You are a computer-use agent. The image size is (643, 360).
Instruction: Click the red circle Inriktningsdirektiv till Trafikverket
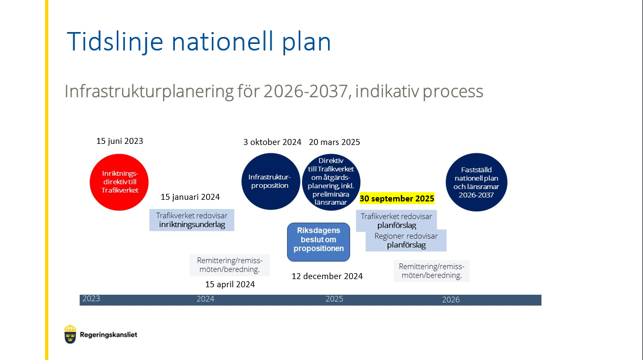point(119,182)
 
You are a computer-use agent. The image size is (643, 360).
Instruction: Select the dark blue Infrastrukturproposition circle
point(270,181)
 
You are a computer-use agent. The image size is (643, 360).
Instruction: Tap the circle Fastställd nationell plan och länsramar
point(476,182)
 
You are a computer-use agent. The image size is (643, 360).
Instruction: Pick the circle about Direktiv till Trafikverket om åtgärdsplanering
point(331,182)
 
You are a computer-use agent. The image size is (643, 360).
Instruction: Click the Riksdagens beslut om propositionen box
point(319,242)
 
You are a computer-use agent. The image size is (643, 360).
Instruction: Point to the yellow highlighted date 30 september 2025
point(396,199)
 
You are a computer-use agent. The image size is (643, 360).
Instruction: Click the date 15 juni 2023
point(119,141)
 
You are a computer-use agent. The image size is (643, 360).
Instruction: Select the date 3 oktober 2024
point(272,142)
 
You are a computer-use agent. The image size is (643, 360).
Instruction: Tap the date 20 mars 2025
point(334,142)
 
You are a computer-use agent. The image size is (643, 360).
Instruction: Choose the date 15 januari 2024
point(190,197)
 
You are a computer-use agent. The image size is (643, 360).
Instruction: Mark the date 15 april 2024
point(230,285)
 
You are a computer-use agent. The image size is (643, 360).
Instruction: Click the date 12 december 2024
point(327,276)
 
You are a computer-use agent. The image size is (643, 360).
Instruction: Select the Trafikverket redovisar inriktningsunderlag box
point(192,220)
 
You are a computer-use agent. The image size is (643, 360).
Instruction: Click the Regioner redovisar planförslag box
point(406,241)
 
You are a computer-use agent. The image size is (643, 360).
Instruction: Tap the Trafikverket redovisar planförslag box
point(396,220)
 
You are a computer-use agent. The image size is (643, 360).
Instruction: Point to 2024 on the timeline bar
point(205,299)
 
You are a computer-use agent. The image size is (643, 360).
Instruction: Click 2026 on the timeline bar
point(451,300)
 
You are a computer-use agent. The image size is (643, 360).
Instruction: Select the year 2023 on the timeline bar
point(91,299)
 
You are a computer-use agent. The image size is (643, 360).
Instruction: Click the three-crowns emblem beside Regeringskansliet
point(70,334)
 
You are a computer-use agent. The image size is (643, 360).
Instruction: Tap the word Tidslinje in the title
point(115,42)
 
